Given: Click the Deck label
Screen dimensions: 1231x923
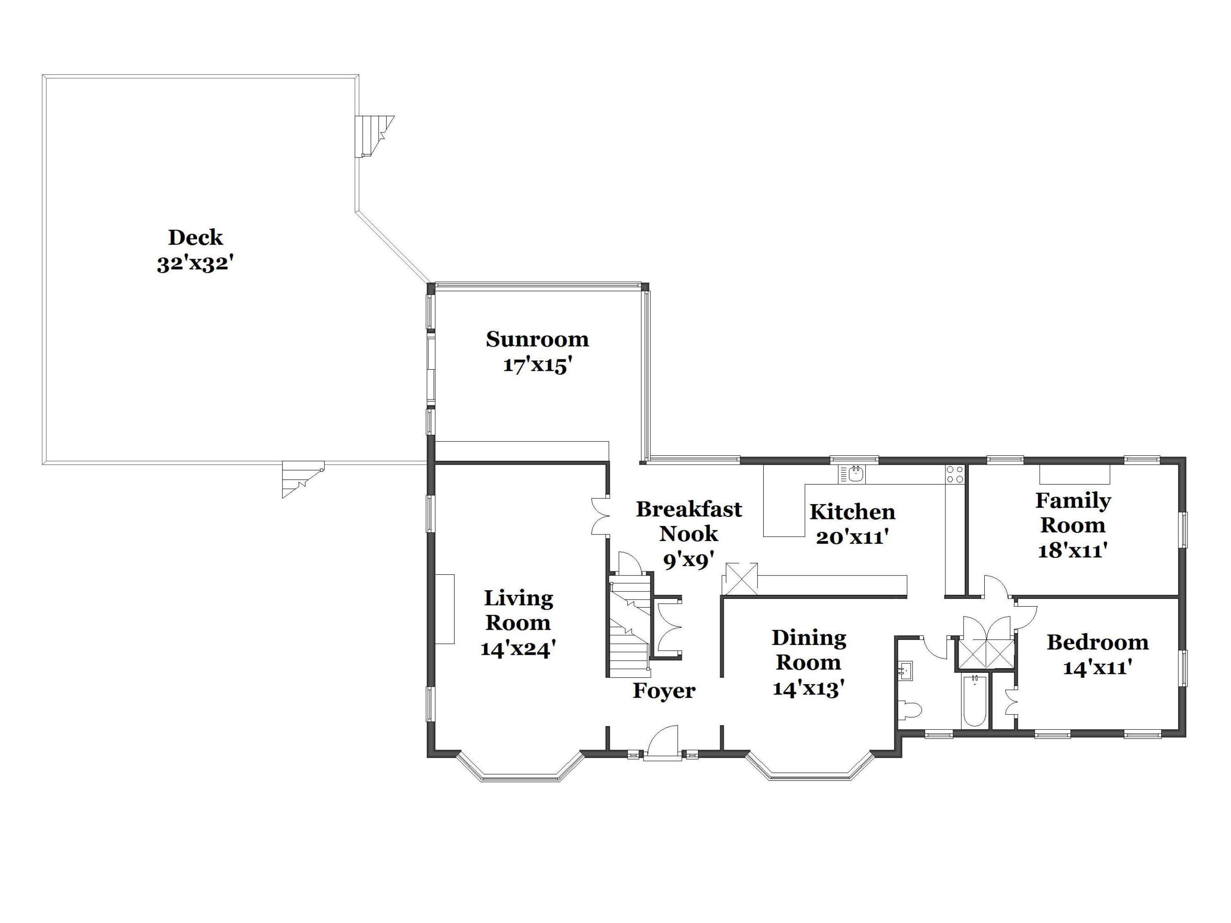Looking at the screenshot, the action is (x=195, y=238).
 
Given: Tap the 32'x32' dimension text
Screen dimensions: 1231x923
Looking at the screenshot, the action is (x=194, y=264).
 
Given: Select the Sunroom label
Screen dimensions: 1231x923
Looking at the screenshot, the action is (x=537, y=339).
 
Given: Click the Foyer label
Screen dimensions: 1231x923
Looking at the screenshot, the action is (x=664, y=691).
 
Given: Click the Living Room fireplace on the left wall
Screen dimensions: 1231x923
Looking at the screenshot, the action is (x=445, y=609).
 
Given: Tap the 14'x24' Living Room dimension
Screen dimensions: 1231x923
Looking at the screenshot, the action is (x=518, y=649).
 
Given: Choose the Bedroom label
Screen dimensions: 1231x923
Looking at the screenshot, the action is (x=1098, y=642).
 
